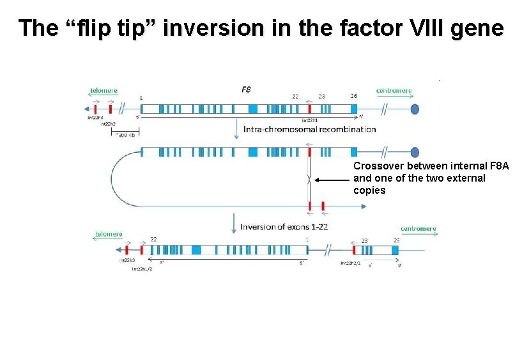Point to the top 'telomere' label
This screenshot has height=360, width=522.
(104, 91)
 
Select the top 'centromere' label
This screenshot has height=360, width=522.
(394, 91)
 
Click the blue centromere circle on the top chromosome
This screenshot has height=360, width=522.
(415, 109)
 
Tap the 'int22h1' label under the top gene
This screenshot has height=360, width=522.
(309, 120)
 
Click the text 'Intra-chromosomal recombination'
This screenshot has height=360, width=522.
(310, 129)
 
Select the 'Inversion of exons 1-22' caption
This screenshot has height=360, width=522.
(284, 227)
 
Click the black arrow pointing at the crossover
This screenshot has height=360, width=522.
(332, 182)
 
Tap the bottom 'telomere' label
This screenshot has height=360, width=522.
(109, 234)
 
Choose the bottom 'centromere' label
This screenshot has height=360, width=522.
(418, 228)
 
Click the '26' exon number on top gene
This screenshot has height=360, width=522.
(354, 97)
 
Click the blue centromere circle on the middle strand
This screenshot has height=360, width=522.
(415, 152)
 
